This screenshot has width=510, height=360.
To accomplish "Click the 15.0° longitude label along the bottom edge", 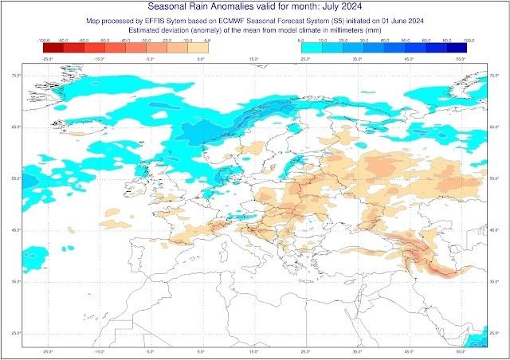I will tap(253, 351).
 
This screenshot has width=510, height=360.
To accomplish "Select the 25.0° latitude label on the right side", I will tap(495, 333).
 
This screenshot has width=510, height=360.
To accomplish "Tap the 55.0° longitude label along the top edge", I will tap(460, 59).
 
